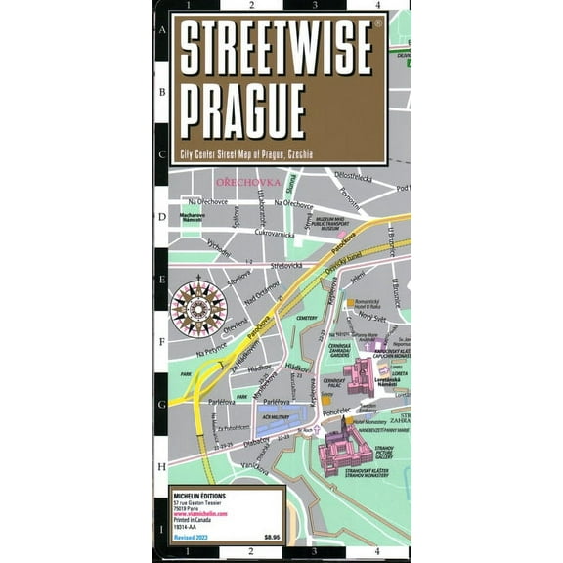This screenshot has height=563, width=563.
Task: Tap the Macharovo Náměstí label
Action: coord(192,217)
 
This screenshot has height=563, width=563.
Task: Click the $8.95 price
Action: coord(273,537)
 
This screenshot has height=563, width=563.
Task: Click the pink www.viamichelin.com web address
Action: coord(188,515)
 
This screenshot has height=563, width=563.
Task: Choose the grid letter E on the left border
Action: coord(161,277)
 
